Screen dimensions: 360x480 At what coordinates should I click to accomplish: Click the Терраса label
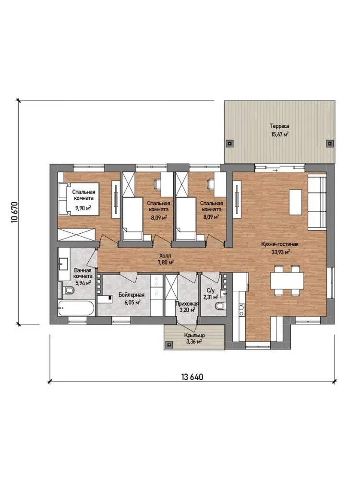[279, 126]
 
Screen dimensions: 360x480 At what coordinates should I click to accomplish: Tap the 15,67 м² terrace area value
[280, 134]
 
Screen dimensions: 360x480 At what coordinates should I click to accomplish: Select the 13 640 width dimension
[192, 376]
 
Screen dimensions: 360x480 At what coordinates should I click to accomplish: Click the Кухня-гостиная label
[280, 244]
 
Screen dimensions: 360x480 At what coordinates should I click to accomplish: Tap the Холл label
[166, 256]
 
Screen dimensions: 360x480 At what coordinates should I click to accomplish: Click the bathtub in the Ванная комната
[76, 308]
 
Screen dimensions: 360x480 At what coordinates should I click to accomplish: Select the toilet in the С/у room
[220, 305]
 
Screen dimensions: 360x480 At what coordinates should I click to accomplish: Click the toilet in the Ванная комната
[68, 290]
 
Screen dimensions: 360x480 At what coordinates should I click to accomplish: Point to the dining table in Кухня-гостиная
[287, 280]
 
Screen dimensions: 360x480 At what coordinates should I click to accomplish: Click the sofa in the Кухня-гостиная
[317, 202]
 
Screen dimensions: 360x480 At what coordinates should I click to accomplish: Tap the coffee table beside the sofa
[295, 202]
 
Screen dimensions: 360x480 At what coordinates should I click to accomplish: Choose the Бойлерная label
[132, 295]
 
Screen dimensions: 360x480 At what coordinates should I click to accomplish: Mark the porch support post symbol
[168, 345]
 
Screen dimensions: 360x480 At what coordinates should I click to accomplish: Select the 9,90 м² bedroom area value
[83, 208]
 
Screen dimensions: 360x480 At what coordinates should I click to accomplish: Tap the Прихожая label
[187, 304]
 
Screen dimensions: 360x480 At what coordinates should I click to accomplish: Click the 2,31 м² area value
[211, 297]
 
